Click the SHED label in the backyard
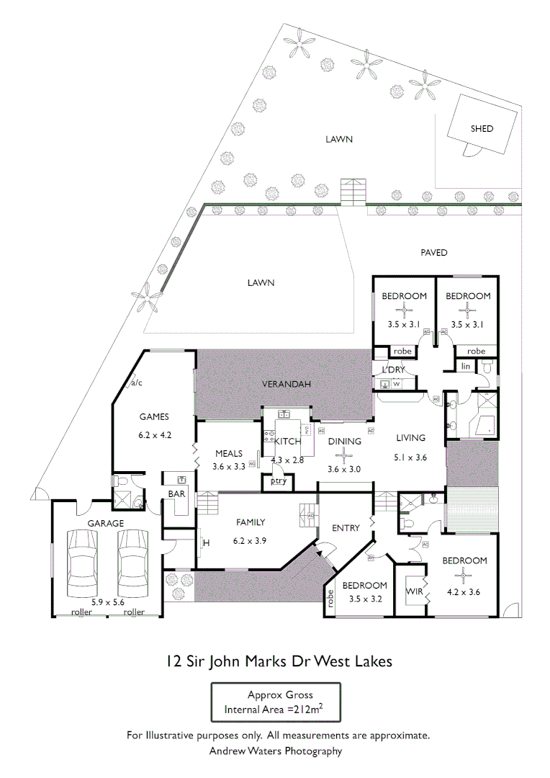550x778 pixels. tap(482, 129)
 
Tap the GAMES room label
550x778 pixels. tap(154, 416)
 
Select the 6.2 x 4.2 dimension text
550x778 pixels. tap(155, 435)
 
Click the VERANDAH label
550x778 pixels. tap(286, 385)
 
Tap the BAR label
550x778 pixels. tap(176, 494)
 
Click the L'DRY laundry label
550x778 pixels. tap(394, 370)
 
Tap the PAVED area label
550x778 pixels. tap(433, 253)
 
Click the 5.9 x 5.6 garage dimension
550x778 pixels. tap(108, 602)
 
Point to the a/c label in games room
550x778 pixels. tap(136, 383)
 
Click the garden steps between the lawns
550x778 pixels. tap(353, 192)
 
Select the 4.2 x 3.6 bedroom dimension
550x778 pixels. tap(464, 592)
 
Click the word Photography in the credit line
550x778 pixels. tap(310, 751)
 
